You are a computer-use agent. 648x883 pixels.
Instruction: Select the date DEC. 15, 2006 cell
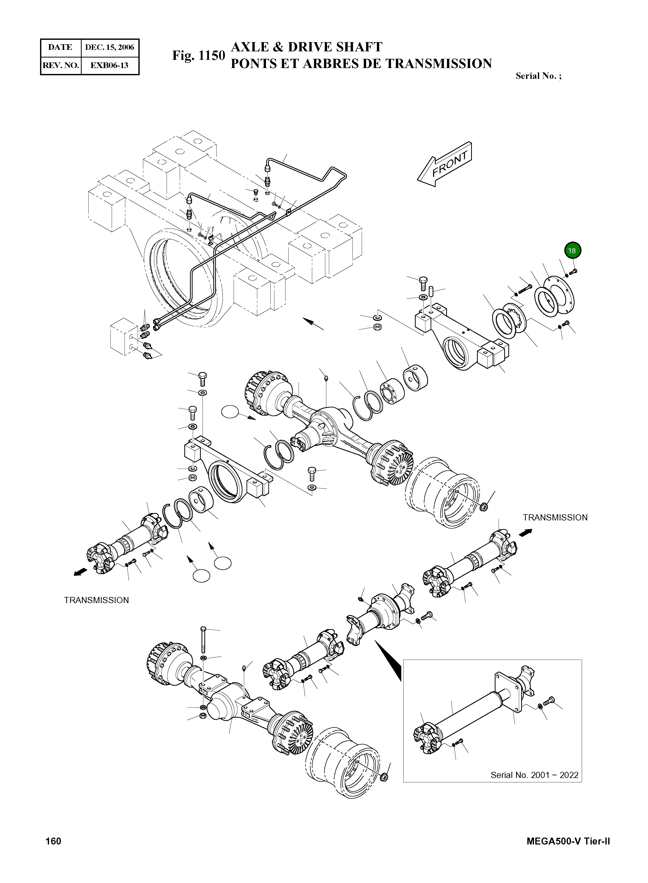tap(109, 48)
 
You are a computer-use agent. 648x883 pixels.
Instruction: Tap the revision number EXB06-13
tap(109, 65)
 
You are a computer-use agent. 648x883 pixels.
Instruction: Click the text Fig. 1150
tap(198, 56)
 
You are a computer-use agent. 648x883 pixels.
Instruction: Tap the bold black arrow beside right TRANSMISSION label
tap(526, 532)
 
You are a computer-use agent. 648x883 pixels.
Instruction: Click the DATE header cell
tap(60, 48)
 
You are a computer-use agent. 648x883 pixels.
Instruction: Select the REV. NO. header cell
tap(60, 65)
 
